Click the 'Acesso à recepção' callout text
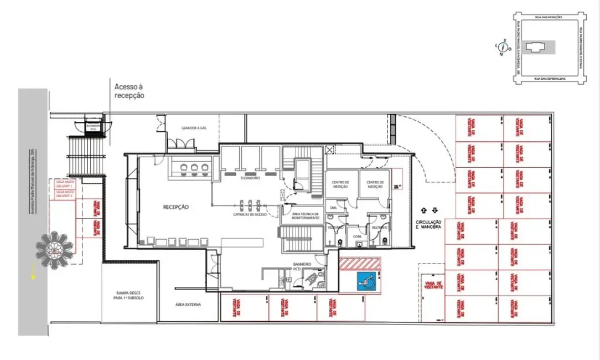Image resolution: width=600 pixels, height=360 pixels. coord(129,91)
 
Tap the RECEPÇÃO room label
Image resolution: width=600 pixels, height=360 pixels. coord(175,207)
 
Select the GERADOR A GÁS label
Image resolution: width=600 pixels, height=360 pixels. coord(194,128)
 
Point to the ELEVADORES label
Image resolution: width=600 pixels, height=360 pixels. coord(251,178)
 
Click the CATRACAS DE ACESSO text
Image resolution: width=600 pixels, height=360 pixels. coord(251,213)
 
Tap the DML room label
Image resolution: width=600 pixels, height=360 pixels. coord(333,208)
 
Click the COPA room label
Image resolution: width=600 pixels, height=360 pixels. coord(357,236)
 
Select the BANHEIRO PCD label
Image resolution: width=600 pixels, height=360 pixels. coord(302,267)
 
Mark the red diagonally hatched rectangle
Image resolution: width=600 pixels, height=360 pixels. coord(360,263)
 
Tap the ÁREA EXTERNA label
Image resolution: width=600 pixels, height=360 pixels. coord(188,305)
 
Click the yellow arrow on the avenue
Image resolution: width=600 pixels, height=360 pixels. coord(34,271)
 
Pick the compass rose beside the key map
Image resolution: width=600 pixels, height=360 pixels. coord(504,48)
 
